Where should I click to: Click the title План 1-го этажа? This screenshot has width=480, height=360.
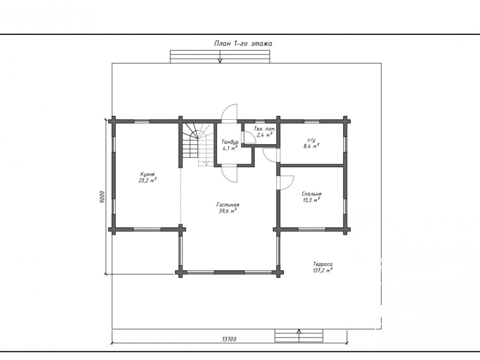pos(243,43)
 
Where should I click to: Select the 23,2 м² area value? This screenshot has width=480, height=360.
pos(148,180)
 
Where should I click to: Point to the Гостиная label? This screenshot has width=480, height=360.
pos(228,205)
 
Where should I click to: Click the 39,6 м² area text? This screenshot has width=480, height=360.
pos(228,211)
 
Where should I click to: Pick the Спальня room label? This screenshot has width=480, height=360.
pos(311,194)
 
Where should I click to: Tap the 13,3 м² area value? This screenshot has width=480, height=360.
pos(311,200)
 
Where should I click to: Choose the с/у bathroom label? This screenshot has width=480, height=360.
pos(312,140)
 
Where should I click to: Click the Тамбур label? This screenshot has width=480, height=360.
pos(230,142)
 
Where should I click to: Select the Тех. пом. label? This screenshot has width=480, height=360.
pos(265,129)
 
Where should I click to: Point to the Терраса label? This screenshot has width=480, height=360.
pos(323,264)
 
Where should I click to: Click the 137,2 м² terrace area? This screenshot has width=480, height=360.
pos(323,270)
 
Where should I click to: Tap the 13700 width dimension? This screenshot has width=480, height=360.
pos(229,339)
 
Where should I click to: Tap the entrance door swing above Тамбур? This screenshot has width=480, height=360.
pos(229,112)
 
